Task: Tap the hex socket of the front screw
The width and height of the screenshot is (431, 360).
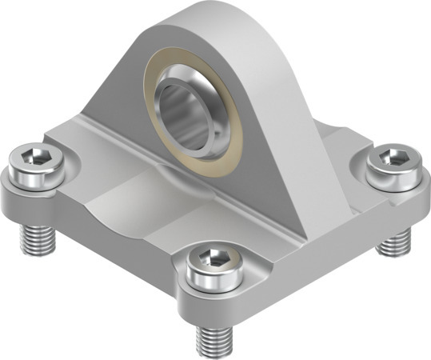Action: click(211, 259)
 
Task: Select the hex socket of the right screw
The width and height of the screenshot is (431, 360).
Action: click(391, 157)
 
